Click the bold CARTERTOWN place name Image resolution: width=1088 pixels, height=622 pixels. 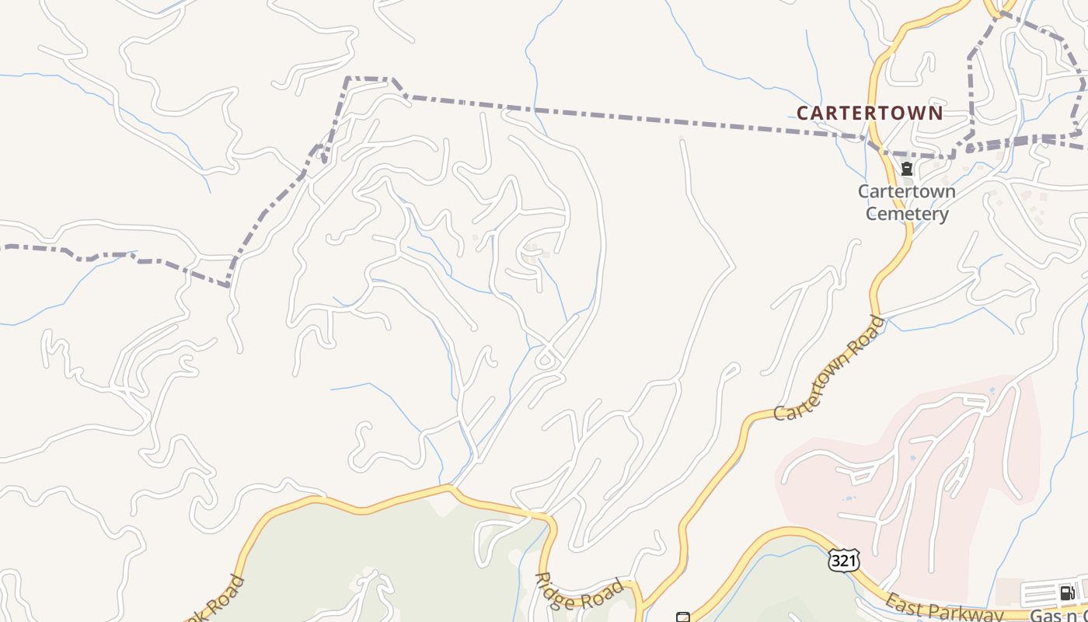coord(870,113)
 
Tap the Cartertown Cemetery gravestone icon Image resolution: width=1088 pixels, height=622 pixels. coord(906,169)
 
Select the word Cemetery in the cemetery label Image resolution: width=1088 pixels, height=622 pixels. coord(907,214)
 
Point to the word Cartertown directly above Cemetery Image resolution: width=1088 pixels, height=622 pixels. coord(907,191)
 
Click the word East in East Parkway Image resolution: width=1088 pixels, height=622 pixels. coord(903,603)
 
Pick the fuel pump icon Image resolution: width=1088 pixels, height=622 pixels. coord(1067,593)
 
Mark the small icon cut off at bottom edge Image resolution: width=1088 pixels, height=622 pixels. coord(682,617)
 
